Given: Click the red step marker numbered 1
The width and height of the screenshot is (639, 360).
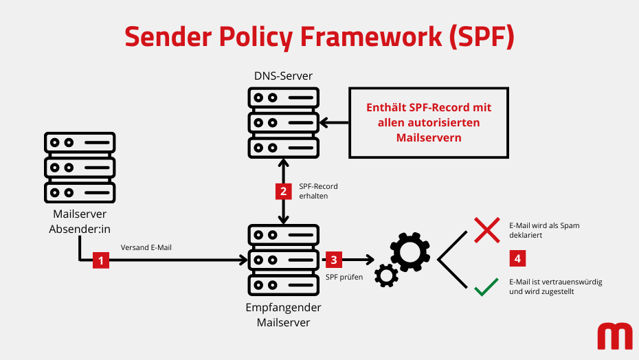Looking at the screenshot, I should point(101,260).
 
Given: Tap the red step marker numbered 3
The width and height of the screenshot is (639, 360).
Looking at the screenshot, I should point(334,260).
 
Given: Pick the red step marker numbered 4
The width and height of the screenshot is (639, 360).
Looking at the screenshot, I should point(518,259).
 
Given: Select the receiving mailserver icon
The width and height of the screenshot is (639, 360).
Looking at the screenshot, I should point(283,260).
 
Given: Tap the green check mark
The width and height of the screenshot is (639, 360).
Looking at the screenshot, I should point(486,287).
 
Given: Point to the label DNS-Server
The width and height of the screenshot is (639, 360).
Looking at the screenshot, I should point(283,75).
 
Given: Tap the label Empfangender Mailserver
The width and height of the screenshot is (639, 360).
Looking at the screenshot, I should point(283,315).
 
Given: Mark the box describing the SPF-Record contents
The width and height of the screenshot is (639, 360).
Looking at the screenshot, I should point(429,122).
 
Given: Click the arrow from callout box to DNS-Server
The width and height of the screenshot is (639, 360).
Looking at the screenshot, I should point(335,123).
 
